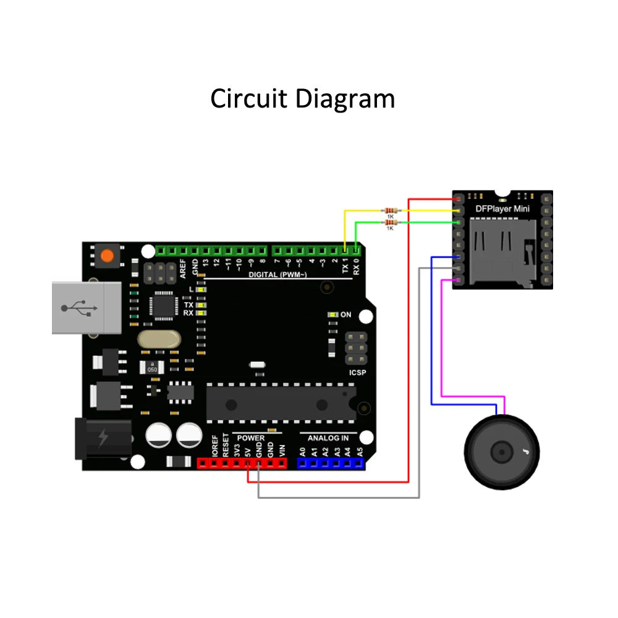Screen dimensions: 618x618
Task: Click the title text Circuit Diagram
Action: [x=302, y=98]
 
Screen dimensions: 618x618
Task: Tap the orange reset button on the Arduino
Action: [x=108, y=255]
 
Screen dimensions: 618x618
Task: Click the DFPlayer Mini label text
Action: [x=502, y=208]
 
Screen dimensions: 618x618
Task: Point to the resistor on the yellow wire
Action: [x=390, y=211]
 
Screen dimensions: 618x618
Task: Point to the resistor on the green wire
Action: [x=390, y=222]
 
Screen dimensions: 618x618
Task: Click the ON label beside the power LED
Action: [x=345, y=315]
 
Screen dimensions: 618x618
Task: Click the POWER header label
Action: [x=251, y=438]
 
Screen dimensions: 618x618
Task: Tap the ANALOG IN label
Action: [x=328, y=438]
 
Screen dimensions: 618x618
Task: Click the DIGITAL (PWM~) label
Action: [x=277, y=274]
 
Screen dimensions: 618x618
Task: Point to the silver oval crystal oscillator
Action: [x=159, y=338]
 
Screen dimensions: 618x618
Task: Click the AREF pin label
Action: [x=182, y=267]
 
